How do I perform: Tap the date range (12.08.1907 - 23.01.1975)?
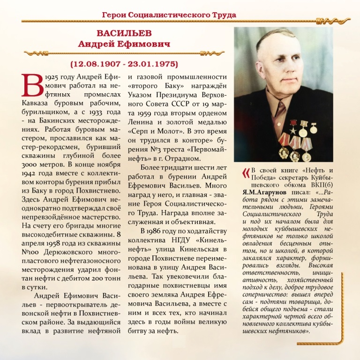coord(124,63)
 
